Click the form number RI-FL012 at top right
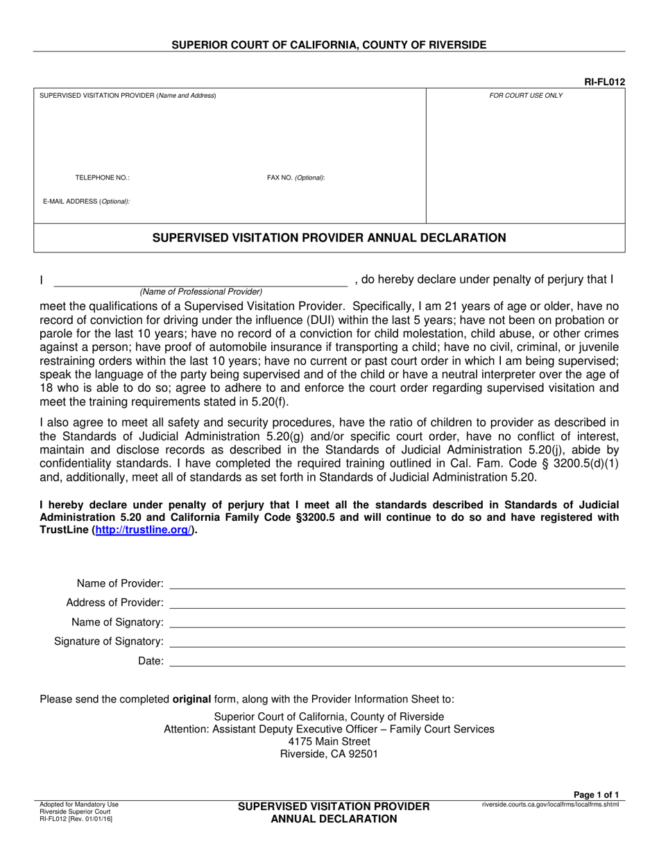[x=604, y=82]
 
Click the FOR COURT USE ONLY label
[x=526, y=96]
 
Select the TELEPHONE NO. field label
[x=102, y=178]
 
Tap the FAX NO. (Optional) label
[x=296, y=178]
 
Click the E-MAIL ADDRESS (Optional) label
[x=86, y=202]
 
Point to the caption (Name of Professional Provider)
[x=201, y=292]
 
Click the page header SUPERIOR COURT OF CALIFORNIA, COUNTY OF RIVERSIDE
[x=329, y=45]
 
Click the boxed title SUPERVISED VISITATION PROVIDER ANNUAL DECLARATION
[x=329, y=238]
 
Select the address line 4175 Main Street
[x=329, y=741]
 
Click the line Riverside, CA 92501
[x=329, y=755]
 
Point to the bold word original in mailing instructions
[x=191, y=699]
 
